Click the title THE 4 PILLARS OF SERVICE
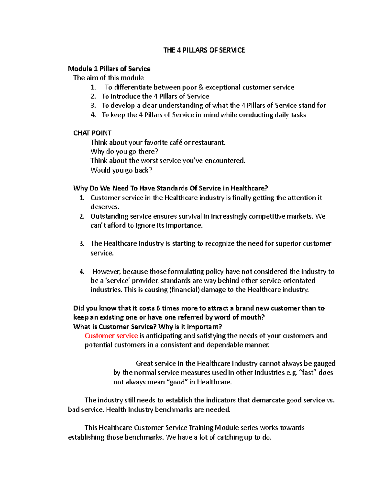point(204,50)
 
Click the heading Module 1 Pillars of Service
point(109,69)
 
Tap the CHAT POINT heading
point(92,133)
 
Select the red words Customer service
point(111,336)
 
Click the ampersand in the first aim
point(201,87)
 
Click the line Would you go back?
point(121,170)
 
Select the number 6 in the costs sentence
point(158,308)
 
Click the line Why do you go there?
point(124,151)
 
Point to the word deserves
point(105,207)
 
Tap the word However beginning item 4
point(107,272)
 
